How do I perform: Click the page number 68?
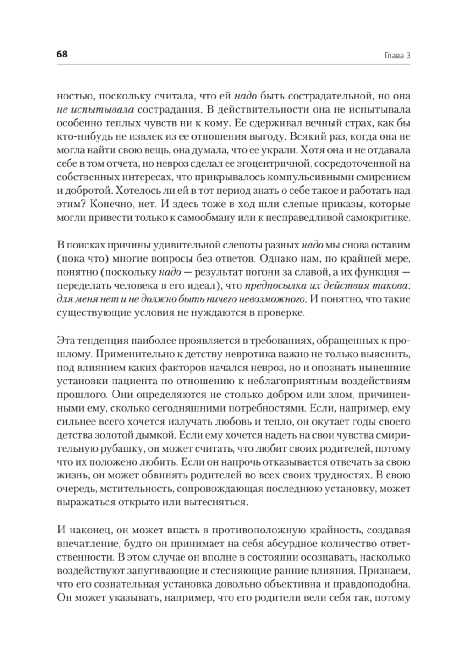tap(62, 54)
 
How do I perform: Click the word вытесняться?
tap(219, 502)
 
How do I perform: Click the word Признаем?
tap(387, 571)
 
